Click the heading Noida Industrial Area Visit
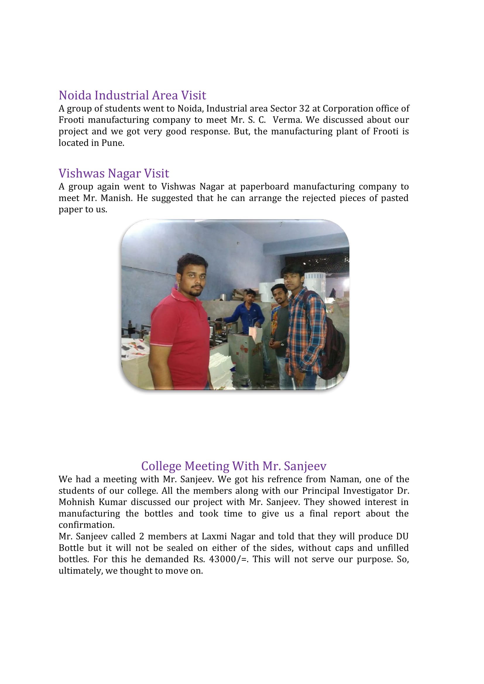[x=132, y=95]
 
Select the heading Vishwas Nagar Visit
[x=114, y=173]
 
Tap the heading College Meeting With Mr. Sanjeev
[x=234, y=466]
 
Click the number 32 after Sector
[x=305, y=108]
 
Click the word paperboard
[x=265, y=187]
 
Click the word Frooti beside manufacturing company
[x=71, y=120]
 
